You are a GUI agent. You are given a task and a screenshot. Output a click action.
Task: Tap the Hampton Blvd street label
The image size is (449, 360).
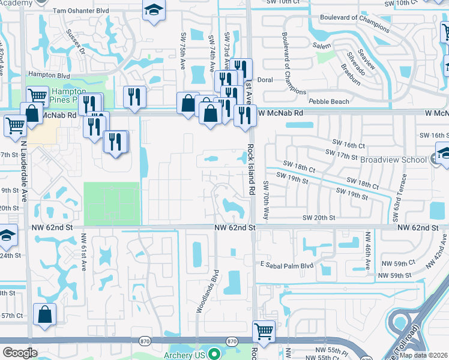(49, 76)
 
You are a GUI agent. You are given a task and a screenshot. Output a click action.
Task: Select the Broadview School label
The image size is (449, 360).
(394, 160)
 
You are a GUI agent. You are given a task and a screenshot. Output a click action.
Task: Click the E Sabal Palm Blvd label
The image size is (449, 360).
(287, 265)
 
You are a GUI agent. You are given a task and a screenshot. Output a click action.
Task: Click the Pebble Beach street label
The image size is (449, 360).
(328, 101)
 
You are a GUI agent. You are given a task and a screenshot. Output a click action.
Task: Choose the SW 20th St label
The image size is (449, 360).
(318, 218)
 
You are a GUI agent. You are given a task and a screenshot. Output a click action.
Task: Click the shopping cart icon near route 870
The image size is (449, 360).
(264, 330)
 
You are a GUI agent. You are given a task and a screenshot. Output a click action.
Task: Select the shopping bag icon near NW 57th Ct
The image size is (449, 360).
(45, 314)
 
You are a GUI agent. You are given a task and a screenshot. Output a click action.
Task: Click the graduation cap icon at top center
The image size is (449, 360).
(154, 10)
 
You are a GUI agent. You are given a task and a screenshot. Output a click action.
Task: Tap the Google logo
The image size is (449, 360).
(20, 353)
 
